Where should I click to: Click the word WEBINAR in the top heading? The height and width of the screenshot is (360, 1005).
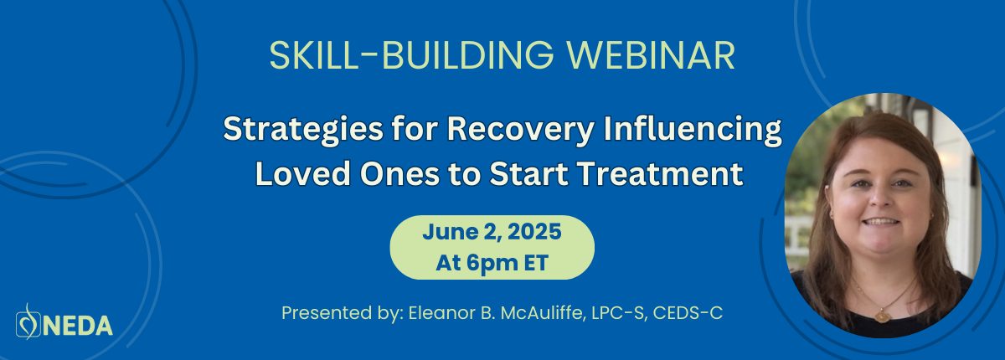click(651, 55)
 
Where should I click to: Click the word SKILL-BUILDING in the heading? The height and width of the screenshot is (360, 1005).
click(412, 55)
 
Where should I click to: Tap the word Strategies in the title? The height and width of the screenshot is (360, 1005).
click(303, 130)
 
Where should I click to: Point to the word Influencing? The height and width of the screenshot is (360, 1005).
click(693, 130)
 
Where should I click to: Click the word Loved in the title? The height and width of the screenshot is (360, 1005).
click(303, 174)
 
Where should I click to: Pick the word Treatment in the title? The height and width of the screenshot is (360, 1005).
click(661, 174)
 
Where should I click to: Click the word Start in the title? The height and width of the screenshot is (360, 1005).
click(529, 174)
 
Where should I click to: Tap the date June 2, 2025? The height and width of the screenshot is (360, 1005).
click(492, 232)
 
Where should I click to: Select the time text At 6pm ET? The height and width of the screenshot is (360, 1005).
click(492, 263)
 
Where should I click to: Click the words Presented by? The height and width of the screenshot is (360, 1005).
click(343, 313)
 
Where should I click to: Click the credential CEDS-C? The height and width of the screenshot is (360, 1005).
click(688, 313)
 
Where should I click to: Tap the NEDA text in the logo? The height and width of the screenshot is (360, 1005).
click(78, 326)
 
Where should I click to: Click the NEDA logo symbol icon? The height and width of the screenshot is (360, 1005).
click(28, 321)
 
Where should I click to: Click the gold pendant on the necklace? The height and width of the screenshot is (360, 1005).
click(883, 316)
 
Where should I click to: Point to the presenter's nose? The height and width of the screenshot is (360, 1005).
click(882, 198)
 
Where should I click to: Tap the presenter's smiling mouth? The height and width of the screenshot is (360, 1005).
click(880, 222)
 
